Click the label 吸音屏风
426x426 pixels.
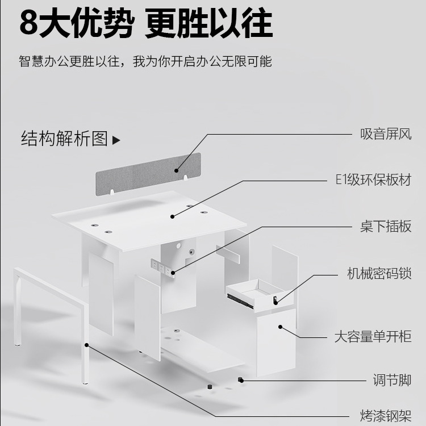tap(386, 135)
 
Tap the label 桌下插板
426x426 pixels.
tap(386, 226)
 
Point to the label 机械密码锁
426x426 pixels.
tap(379, 273)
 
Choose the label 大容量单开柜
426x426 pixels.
tap(372, 336)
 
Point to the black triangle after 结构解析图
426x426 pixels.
tap(116, 140)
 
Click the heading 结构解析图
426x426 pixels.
tap(64, 139)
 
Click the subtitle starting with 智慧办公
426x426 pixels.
tap(145, 61)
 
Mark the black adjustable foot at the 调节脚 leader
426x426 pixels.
tap(241, 379)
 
